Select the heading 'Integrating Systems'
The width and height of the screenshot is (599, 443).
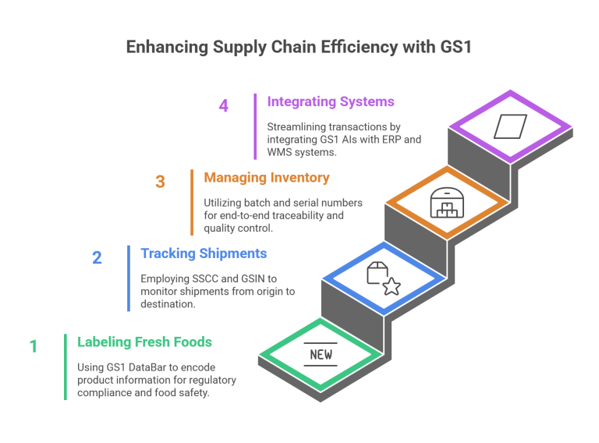(x=330, y=102)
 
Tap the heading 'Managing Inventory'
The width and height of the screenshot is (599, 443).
(x=267, y=178)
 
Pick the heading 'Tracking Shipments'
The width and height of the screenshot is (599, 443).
(x=204, y=253)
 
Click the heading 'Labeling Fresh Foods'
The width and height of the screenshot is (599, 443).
(x=144, y=342)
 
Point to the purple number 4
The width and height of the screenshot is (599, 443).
(x=224, y=106)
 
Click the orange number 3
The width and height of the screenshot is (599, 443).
(x=160, y=182)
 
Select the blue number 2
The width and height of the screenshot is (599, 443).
(x=97, y=258)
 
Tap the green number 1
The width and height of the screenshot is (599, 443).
(x=33, y=346)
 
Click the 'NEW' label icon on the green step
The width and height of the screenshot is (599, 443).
(x=321, y=355)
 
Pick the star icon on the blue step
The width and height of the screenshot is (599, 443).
(x=392, y=286)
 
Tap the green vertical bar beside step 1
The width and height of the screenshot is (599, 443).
(x=66, y=367)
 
